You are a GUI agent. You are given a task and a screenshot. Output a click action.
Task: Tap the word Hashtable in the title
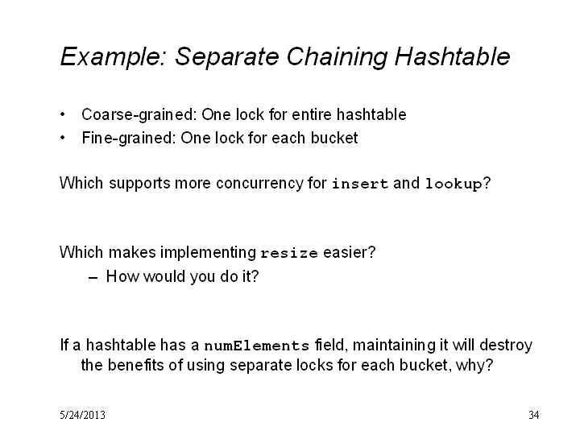pos(453,56)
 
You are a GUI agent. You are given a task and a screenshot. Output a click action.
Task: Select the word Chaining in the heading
pos(337,57)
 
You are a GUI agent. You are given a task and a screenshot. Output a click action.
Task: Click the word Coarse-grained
pos(139,114)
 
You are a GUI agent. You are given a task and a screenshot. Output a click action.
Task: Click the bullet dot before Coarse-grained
pos(63,114)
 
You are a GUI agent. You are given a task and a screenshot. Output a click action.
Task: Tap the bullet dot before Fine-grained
pos(63,138)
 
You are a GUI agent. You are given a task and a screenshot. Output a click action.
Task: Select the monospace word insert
pos(360,184)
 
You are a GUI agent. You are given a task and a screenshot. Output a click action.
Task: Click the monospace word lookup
pos(454,184)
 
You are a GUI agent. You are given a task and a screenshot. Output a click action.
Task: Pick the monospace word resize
pos(289,253)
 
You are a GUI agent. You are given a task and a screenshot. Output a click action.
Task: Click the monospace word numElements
pos(257,346)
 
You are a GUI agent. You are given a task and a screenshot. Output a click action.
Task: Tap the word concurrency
pos(259,184)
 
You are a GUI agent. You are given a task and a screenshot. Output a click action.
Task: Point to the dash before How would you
pos(93,278)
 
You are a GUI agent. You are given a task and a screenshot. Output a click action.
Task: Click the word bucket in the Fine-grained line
pos(334,138)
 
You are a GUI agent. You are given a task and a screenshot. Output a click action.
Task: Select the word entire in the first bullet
pos(312,114)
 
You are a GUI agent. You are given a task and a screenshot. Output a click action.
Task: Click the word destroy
pos(506,346)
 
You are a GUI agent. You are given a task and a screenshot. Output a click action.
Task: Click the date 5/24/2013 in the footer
pos(82,415)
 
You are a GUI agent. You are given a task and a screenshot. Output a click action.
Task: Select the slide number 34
pos(534,415)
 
